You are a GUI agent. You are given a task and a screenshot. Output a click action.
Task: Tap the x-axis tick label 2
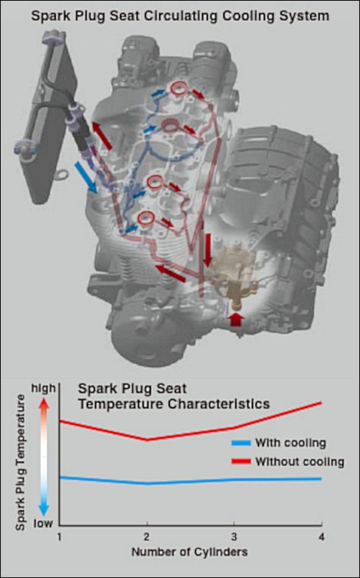[147, 537]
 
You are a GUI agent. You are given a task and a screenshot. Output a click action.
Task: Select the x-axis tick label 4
[322, 537]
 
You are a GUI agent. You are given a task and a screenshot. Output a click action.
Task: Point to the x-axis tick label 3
[234, 537]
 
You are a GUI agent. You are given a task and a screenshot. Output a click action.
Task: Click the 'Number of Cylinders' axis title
[189, 552]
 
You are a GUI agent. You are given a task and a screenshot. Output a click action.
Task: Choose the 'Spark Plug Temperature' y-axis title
[21, 462]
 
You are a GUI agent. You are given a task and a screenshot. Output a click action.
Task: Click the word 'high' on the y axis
[43, 389]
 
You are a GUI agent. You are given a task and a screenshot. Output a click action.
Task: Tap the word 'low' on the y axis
[43, 523]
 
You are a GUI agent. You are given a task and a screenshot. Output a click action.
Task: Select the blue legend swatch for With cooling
[241, 443]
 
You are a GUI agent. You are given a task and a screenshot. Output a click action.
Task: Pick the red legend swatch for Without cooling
[241, 461]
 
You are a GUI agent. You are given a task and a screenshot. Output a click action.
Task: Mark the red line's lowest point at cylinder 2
[147, 440]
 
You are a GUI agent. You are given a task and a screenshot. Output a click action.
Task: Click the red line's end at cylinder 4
[322, 402]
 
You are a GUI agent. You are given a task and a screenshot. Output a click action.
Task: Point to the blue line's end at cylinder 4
[322, 479]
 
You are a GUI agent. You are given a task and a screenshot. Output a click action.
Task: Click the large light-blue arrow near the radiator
[85, 178]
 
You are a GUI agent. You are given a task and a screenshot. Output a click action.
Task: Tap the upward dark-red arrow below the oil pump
[236, 319]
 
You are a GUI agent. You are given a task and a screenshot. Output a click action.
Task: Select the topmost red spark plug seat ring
[177, 88]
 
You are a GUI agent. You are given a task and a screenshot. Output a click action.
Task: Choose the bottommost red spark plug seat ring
[145, 219]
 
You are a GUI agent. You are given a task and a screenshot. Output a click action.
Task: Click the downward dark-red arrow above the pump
[207, 250]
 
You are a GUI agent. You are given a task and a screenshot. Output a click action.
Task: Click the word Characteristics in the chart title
[219, 404]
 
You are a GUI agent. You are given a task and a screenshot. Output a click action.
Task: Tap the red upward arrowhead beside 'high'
[43, 405]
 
